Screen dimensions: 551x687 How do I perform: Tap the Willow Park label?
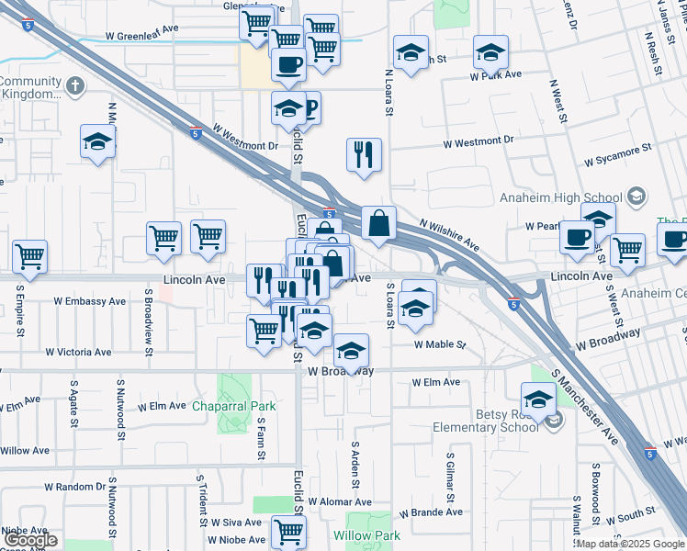(x=366, y=535)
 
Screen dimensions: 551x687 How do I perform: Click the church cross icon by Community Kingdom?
(x=74, y=87)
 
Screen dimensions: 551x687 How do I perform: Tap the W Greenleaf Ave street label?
(x=148, y=39)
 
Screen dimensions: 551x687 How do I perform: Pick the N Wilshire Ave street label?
(x=449, y=236)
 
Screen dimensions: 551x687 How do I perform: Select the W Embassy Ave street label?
(x=89, y=300)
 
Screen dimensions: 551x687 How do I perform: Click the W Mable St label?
(x=440, y=345)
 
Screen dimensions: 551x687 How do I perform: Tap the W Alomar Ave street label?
(x=340, y=502)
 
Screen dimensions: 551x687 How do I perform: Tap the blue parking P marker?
(x=309, y=108)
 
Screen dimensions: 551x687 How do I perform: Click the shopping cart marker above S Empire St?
(x=29, y=256)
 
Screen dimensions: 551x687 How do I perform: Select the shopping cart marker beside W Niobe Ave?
(x=289, y=530)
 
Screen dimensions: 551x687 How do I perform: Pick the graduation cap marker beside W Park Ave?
(x=490, y=52)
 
